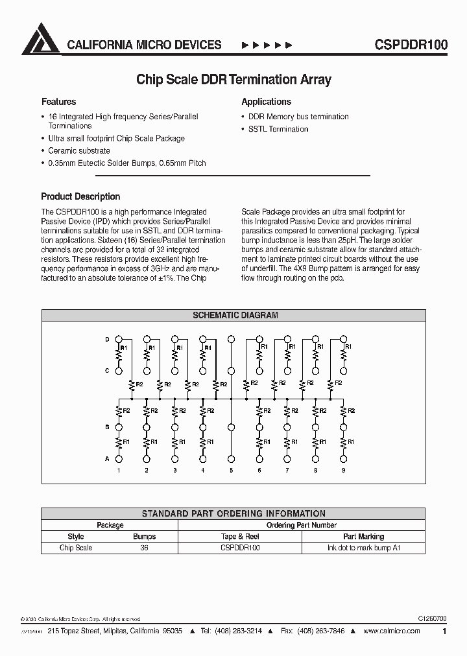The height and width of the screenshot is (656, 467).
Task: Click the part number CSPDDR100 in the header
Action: (411, 45)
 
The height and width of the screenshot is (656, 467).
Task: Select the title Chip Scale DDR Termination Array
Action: (233, 80)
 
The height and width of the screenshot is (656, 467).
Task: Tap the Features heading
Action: (58, 102)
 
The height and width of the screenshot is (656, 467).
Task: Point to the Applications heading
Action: (266, 102)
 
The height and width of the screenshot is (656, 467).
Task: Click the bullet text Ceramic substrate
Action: (79, 151)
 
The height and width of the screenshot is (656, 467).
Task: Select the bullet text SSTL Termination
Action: (278, 129)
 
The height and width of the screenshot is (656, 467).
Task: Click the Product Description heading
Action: (80, 196)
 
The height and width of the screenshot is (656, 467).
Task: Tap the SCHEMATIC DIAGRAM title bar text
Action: (235, 316)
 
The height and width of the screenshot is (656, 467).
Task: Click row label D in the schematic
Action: (108, 339)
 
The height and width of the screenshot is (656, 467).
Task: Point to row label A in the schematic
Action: (108, 459)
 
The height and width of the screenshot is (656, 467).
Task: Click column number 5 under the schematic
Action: (231, 471)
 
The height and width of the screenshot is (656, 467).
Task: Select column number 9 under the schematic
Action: (343, 471)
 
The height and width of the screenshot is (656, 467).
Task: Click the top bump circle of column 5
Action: (231, 339)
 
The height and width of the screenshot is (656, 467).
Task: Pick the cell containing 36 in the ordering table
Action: (145, 548)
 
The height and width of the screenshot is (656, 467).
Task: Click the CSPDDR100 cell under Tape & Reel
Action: (240, 548)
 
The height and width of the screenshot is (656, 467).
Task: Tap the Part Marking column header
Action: (363, 537)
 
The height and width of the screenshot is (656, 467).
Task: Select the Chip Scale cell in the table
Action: (76, 548)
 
